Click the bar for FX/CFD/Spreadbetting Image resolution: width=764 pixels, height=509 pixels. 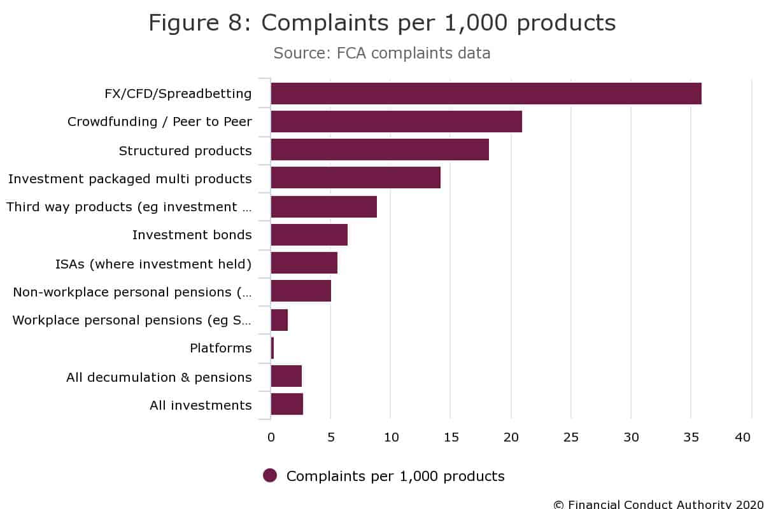tap(486, 94)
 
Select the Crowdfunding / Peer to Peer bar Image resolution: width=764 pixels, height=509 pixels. tap(396, 122)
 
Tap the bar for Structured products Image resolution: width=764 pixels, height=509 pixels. tap(379, 150)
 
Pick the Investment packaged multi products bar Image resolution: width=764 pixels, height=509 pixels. tap(355, 178)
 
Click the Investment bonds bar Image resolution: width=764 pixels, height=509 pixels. tap(309, 235)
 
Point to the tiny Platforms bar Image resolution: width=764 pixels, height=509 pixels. tap(272, 348)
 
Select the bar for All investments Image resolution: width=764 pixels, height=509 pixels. tap(286, 405)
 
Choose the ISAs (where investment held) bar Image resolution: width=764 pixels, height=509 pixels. tap(304, 263)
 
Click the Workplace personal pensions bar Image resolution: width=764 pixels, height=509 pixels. tap(279, 320)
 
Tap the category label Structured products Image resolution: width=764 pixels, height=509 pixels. tap(185, 151)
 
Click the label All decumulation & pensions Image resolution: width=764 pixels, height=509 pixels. tap(159, 377)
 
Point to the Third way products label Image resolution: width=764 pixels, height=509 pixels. tap(129, 207)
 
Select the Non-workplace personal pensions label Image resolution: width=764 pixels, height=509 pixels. tap(132, 292)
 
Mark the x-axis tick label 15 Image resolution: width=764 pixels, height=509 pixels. tap(450, 437)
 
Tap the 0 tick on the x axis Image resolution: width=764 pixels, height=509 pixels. tap(271, 437)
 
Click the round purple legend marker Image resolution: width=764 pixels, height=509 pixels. tap(270, 475)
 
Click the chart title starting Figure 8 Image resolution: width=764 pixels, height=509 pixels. tap(382, 23)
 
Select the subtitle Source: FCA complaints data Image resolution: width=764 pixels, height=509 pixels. tap(382, 53)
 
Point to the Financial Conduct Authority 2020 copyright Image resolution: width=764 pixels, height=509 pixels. tap(658, 504)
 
